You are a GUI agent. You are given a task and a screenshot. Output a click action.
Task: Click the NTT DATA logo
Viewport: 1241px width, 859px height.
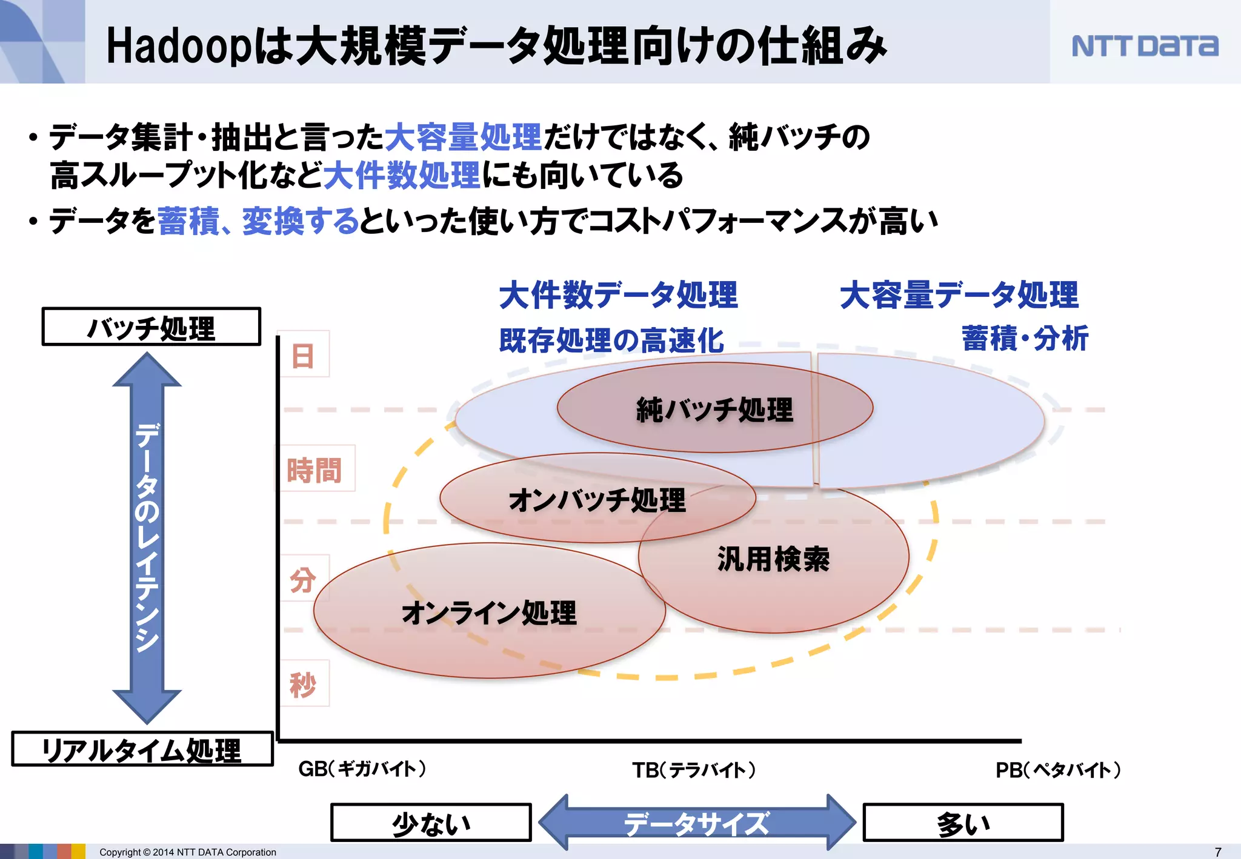click(x=1145, y=46)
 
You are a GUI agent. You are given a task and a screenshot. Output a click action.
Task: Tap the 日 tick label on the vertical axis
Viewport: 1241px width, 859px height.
click(x=303, y=355)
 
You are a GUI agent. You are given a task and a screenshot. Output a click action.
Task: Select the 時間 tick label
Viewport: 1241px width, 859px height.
click(x=314, y=469)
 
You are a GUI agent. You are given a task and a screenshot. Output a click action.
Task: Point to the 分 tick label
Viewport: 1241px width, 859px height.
click(x=303, y=579)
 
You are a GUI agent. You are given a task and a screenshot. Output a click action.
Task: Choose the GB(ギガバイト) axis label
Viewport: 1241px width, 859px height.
click(x=362, y=769)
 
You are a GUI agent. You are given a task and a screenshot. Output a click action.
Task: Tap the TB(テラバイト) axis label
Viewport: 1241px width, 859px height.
click(x=694, y=770)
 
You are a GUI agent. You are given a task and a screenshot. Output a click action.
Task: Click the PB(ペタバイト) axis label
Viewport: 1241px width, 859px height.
click(x=1058, y=770)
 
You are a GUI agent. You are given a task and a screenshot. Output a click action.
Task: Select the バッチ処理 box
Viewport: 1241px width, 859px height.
click(x=151, y=327)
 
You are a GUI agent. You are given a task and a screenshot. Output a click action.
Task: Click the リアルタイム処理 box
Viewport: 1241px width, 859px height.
click(x=142, y=750)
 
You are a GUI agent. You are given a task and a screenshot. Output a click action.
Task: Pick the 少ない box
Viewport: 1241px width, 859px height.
click(x=431, y=823)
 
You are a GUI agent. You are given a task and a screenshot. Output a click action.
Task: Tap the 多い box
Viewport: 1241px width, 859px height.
click(x=963, y=823)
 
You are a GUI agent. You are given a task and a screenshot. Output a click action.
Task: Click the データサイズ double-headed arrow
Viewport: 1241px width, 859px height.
click(x=697, y=823)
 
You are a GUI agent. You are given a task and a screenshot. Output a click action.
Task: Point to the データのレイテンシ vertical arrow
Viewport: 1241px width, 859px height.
click(x=147, y=538)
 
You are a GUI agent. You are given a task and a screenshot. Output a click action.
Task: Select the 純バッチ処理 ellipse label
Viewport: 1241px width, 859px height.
click(x=714, y=410)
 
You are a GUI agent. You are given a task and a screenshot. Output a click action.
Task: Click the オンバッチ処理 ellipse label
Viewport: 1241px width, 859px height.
click(x=597, y=500)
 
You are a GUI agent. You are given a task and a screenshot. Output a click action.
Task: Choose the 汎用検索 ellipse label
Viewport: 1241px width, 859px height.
click(x=773, y=559)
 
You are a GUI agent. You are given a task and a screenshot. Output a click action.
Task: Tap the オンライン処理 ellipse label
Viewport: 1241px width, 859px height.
click(x=489, y=612)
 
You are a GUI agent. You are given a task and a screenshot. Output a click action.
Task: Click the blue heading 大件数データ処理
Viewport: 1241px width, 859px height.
click(x=618, y=295)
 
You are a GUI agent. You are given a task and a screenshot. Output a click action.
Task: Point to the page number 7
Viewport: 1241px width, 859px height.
click(x=1218, y=852)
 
